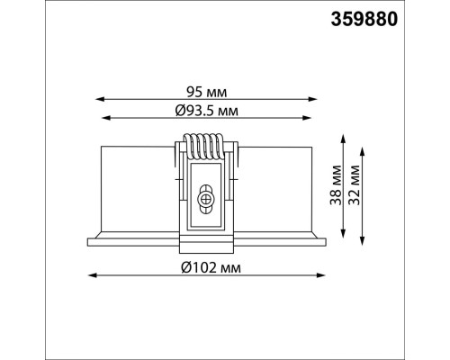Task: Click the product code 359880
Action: pyautogui.click(x=364, y=20)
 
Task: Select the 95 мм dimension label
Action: pyautogui.click(x=207, y=92)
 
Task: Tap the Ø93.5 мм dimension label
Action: pyautogui.click(x=207, y=111)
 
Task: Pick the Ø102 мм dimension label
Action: pyautogui.click(x=211, y=267)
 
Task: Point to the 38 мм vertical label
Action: pyautogui.click(x=336, y=184)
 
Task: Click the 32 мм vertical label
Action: pyautogui.click(x=355, y=184)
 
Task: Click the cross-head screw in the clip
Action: pyautogui.click(x=205, y=199)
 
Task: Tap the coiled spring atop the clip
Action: pyautogui.click(x=203, y=147)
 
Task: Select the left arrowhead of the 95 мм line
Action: pyautogui.click(x=100, y=99)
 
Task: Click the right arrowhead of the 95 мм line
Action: pyautogui.click(x=312, y=99)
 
